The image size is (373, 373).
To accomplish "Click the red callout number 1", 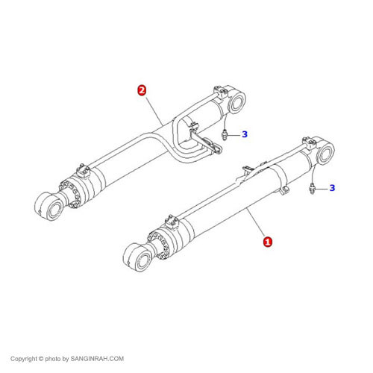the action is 268,242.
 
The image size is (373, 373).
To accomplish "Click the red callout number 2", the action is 142,90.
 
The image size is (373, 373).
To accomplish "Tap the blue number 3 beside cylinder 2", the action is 245,134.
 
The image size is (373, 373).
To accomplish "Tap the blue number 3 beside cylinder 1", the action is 333,188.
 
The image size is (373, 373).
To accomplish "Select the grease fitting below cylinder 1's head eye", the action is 312,188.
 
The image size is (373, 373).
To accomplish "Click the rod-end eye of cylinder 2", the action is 48,206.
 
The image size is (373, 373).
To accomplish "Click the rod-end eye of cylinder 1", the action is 137,257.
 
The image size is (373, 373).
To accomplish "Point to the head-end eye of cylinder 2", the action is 236,101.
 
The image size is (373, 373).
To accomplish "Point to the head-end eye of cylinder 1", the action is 325,151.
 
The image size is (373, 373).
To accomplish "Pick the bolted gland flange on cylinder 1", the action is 159,244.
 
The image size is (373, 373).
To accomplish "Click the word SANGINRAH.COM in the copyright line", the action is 97,359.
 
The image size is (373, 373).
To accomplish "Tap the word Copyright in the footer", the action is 23,359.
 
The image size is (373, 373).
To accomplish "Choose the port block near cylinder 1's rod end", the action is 172,222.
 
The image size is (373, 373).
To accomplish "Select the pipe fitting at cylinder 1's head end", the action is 310,143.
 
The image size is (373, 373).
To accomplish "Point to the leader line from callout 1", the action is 256,222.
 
